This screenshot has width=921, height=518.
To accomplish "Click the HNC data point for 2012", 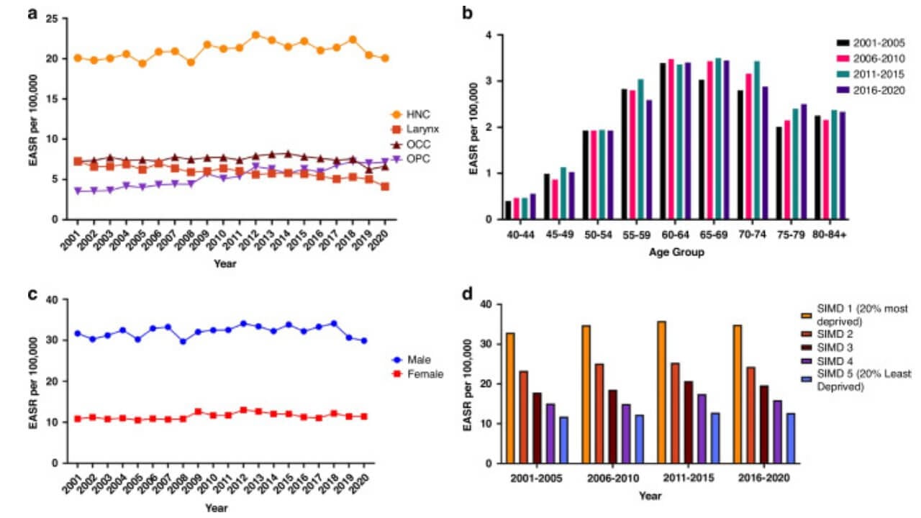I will coord(255,35).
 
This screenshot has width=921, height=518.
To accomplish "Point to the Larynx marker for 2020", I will coord(386,186).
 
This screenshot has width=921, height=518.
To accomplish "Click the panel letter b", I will coord(468,12).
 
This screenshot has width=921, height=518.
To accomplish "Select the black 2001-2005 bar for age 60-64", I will coord(662,141).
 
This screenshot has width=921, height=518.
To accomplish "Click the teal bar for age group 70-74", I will coord(756,140).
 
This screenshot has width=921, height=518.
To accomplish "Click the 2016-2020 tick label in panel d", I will coord(758,478).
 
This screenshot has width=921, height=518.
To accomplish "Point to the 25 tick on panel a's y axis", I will coord(52,18).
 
